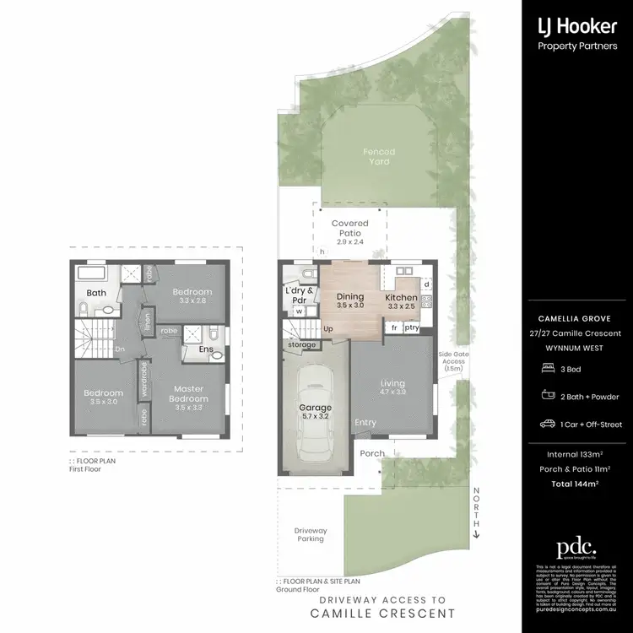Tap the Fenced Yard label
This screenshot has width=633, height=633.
coord(379,156)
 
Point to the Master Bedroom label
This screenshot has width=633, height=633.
coord(188,393)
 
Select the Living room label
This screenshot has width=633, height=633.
coord(393,387)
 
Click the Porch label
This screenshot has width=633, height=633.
coord(372,454)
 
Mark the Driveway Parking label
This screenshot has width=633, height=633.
coord(310,534)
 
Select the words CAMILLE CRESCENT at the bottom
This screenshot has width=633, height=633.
coord(382,613)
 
